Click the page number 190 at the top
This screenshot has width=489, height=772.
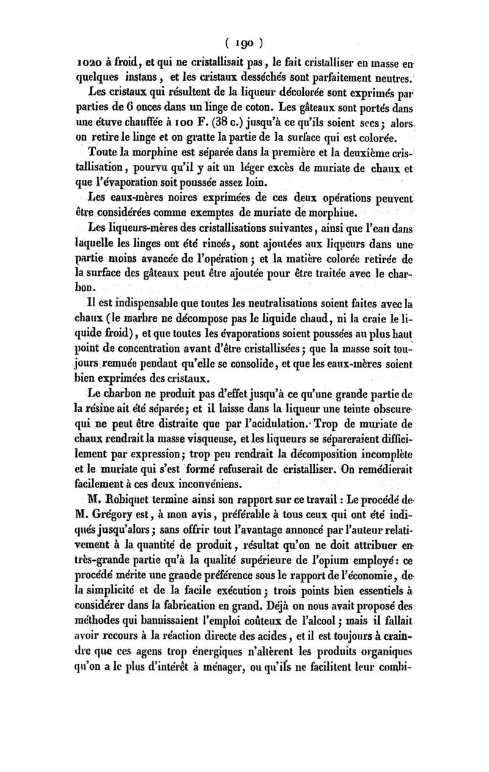pos(244,43)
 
